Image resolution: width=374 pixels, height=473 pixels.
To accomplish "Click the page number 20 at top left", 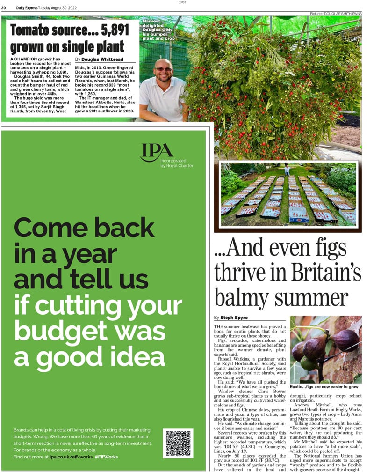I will (x=4, y=7).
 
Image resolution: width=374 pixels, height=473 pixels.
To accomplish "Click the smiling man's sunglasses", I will (x=164, y=69).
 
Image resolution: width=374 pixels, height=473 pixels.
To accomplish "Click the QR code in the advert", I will (x=178, y=443).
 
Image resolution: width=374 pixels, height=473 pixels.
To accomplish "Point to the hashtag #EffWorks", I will (x=106, y=457).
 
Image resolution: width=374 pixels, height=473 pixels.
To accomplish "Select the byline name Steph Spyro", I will (x=234, y=318).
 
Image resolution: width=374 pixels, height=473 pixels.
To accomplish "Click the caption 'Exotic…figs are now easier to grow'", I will (x=324, y=387).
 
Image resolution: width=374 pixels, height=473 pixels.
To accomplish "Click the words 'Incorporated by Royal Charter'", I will (x=176, y=163).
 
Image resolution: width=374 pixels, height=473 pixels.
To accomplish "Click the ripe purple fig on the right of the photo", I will (x=346, y=340).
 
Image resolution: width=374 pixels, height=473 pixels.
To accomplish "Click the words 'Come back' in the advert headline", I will (x=84, y=228).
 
